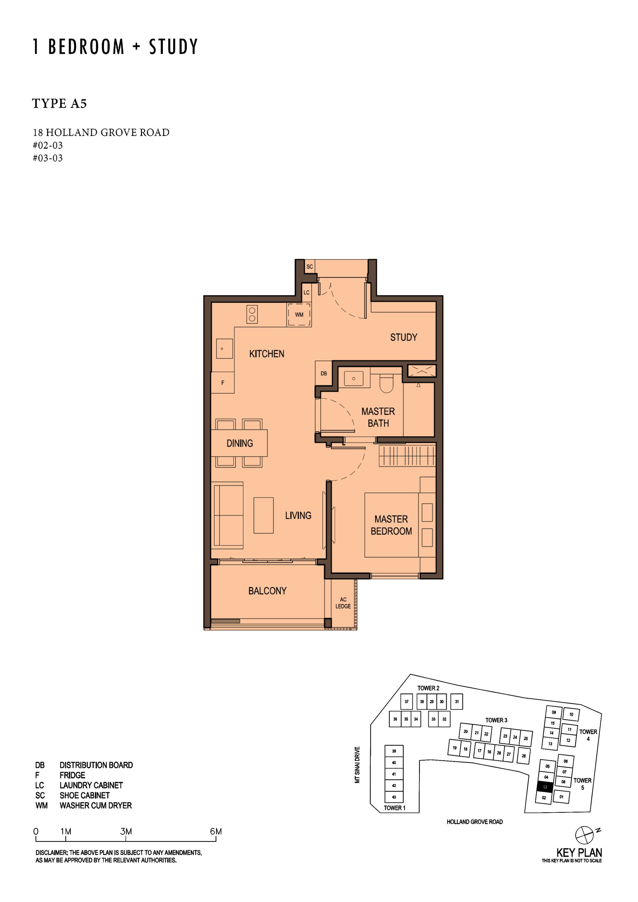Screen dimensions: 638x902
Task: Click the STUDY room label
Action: [403, 338]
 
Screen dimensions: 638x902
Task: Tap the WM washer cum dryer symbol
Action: [299, 314]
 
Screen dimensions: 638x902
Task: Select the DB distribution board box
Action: [324, 373]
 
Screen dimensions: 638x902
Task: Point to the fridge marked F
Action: [222, 383]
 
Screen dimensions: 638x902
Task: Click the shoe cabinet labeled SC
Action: [310, 267]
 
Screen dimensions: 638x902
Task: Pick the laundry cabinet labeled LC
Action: [307, 292]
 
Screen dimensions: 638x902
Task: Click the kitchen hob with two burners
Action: [252, 314]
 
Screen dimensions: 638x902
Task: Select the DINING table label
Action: [239, 443]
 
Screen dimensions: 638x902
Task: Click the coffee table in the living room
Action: [263, 515]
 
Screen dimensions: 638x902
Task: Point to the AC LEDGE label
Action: [343, 603]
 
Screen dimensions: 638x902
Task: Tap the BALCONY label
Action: [267, 591]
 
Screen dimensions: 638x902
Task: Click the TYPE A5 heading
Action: [59, 103]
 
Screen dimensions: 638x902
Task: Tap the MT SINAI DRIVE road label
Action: [357, 765]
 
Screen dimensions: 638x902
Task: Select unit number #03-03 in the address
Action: [48, 158]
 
